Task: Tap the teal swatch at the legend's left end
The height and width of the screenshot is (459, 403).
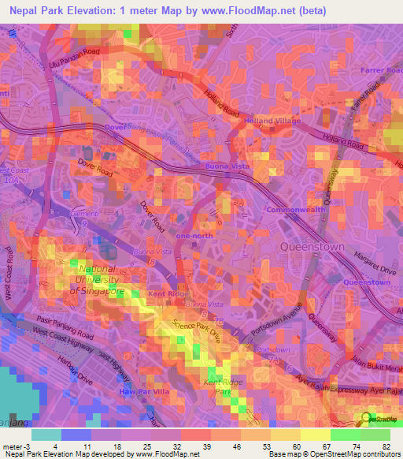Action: point(46,435)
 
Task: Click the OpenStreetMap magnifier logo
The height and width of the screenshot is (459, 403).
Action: point(367,419)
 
